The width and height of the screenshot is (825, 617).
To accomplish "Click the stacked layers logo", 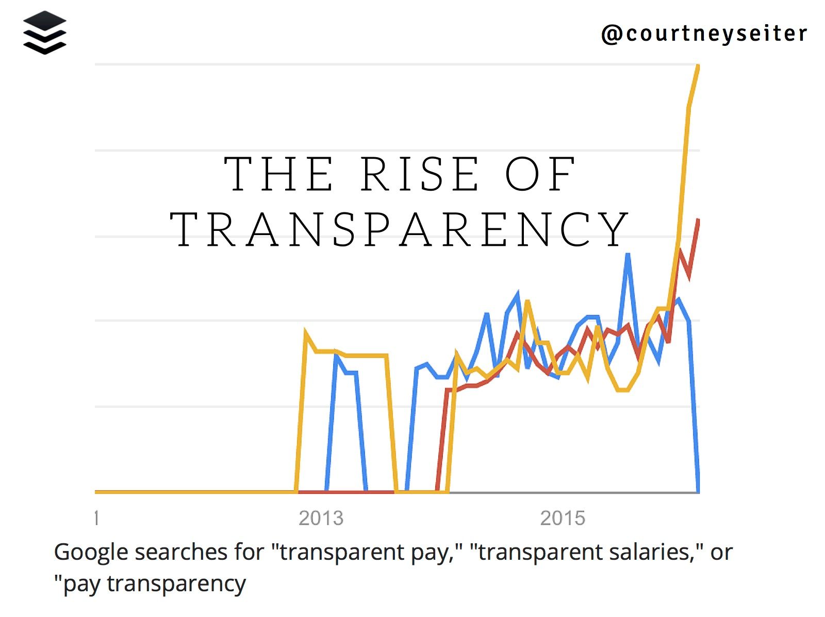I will point(45,32).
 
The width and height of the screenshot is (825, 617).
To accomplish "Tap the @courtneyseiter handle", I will point(704,34).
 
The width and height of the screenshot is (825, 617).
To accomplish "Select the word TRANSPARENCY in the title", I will point(400,230).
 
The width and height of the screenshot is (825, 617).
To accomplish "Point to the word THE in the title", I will point(279,174).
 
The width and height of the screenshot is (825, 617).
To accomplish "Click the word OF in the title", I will point(540,174).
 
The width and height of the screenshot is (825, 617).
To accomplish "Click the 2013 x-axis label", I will point(321,518).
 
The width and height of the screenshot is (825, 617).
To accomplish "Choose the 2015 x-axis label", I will point(563,518).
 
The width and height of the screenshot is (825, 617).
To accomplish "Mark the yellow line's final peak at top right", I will point(698,66).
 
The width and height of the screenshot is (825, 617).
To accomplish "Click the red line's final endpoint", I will point(698,220).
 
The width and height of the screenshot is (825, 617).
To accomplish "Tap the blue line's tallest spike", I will point(628,254).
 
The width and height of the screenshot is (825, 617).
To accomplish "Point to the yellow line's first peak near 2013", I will point(306,333).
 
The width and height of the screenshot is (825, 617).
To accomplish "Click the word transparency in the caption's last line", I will point(176,584).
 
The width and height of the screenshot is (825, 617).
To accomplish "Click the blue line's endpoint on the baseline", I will point(698,491).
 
